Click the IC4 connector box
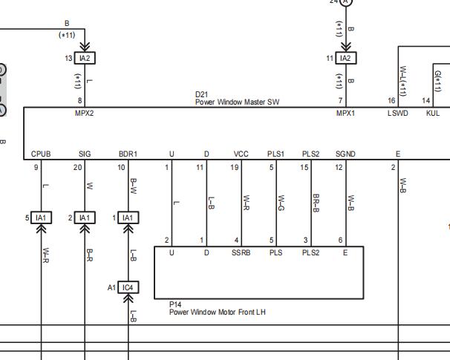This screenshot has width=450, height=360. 128,287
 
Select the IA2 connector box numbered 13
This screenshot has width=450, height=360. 85,58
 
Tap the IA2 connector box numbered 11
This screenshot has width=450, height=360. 346,58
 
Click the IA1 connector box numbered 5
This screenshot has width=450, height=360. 41,217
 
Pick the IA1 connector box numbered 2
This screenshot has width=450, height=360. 85,217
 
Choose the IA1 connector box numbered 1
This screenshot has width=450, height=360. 128,217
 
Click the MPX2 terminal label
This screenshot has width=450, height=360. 85,113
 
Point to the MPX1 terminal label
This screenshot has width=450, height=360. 345,113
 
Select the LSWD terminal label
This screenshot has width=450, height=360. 398,113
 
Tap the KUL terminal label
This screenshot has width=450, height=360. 433,113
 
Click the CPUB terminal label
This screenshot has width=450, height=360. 41,154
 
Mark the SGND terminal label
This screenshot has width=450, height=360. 345,154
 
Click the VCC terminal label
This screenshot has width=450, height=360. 241,154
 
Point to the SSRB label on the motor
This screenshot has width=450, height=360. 241,252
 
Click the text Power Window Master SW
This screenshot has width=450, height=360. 237,102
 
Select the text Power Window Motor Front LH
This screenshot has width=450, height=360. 218,312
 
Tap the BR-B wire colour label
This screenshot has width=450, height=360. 316,203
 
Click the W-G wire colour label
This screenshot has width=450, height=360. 281,203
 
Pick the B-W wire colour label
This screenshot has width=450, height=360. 133,186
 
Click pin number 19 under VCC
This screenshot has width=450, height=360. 235,167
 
